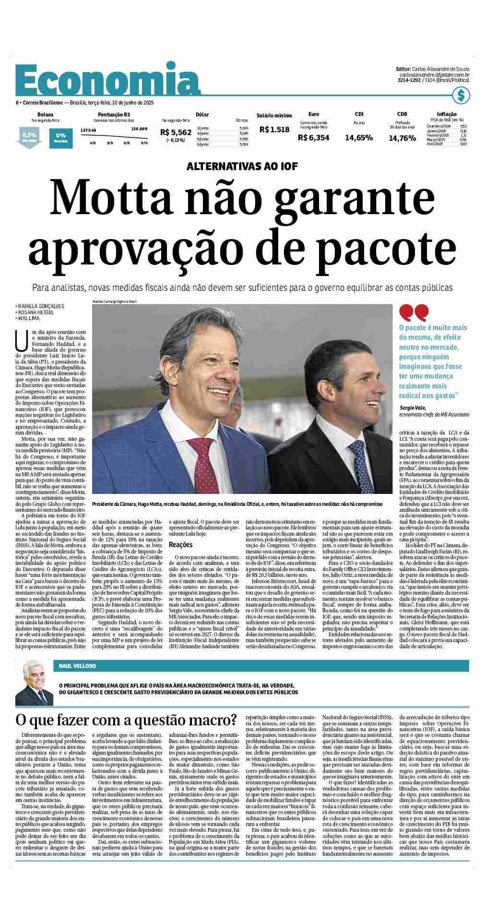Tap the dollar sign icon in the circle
(x=461, y=95)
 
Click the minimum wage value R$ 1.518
(x=274, y=129)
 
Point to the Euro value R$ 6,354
(x=313, y=138)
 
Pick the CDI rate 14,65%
(x=359, y=138)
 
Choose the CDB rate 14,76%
(x=402, y=138)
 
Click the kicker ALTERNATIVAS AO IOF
(x=242, y=166)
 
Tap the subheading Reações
(x=180, y=545)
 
